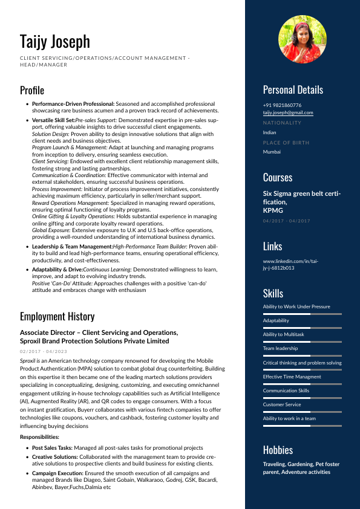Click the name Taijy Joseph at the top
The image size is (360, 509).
pyautogui.click(x=55, y=41)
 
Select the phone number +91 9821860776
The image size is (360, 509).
pyautogui.click(x=282, y=105)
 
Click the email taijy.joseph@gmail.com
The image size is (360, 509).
pyautogui.click(x=288, y=113)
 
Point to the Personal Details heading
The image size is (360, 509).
pyautogui.click(x=293, y=90)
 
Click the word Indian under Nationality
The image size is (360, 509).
pyautogui.click(x=269, y=132)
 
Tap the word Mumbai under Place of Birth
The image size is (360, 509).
pyautogui.click(x=272, y=152)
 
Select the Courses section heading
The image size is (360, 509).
pyautogui.click(x=278, y=178)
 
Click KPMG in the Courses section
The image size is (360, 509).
pyautogui.click(x=272, y=210)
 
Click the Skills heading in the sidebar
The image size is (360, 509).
pyautogui.click(x=273, y=293)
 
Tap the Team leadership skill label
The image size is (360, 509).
pyautogui.click(x=280, y=348)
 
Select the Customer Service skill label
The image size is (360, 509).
pyautogui.click(x=282, y=404)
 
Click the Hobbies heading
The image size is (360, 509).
pyautogui.click(x=278, y=450)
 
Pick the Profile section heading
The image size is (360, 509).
pyautogui.click(x=32, y=91)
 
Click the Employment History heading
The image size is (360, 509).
pyautogui.click(x=57, y=317)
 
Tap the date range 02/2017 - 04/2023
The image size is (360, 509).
pyautogui.click(x=44, y=351)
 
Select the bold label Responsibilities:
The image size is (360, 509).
pyautogui.click(x=39, y=436)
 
